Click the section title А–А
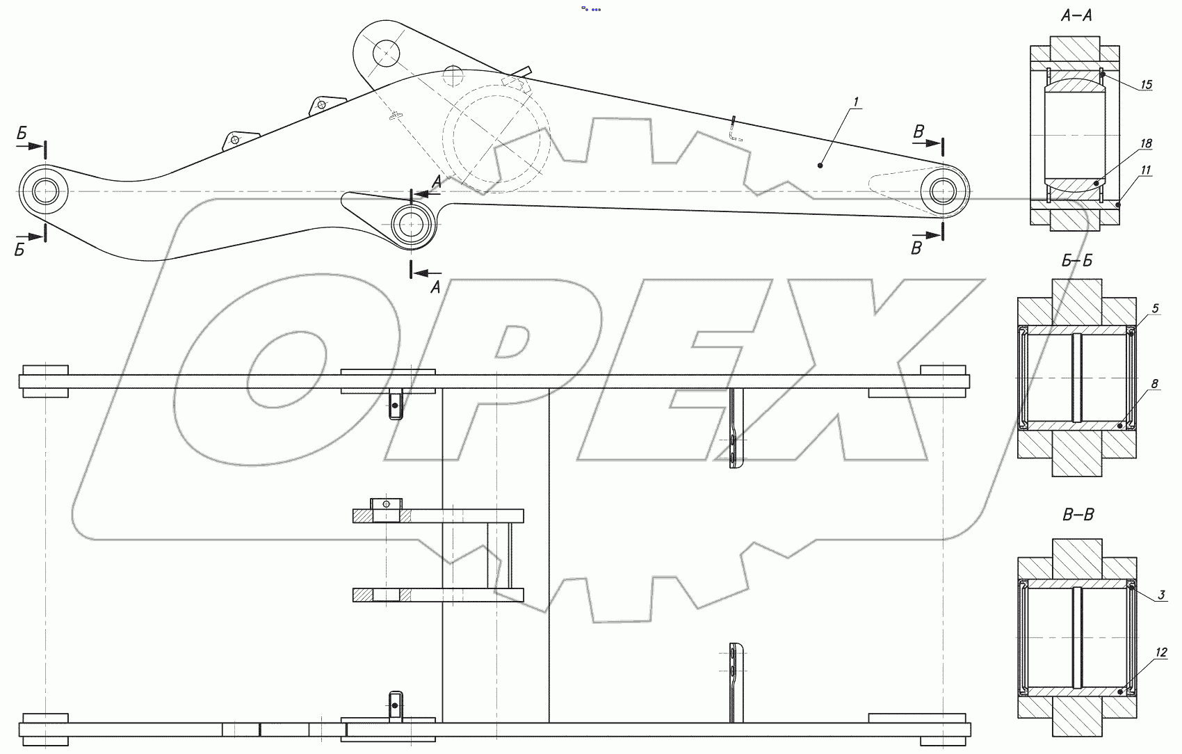click(x=1076, y=17)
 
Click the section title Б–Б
click(x=1076, y=261)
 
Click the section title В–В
click(x=1078, y=515)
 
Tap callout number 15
click(x=1146, y=85)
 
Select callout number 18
click(x=1146, y=143)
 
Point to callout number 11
click(x=1146, y=170)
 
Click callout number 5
click(x=1155, y=308)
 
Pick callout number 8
click(x=1155, y=384)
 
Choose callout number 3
click(x=1161, y=595)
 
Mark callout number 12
click(x=1161, y=653)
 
